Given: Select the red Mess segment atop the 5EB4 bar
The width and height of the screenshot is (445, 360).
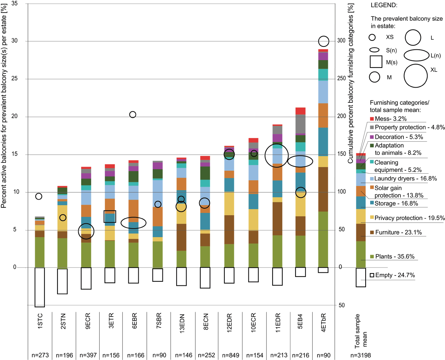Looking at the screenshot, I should click(300, 111).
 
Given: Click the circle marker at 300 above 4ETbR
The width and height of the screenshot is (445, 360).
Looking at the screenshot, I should click(324, 41).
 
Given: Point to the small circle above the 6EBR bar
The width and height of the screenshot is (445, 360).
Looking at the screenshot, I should click(133, 114).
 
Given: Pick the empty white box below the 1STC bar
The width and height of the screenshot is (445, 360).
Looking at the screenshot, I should click(40, 287).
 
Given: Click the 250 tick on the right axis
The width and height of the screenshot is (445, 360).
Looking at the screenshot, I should click(343, 79).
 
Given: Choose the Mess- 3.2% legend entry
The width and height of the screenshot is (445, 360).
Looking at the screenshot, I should click(390, 119).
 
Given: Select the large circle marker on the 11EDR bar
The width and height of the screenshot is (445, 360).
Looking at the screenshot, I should click(277, 155).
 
